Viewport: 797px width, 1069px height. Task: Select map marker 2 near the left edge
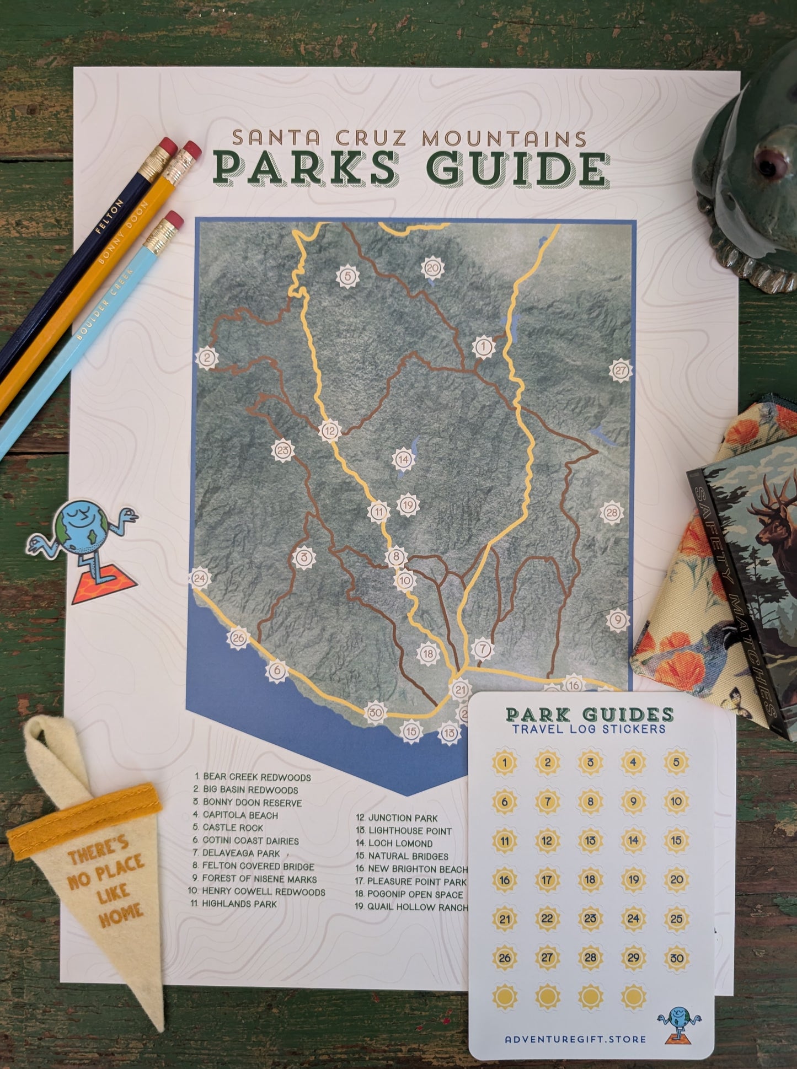point(207,357)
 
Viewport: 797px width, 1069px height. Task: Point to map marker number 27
point(621,370)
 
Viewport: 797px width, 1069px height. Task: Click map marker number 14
point(403,459)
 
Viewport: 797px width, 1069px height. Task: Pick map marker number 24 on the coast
point(200,578)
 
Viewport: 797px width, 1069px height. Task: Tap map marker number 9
point(618,620)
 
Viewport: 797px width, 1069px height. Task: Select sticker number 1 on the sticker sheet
point(505,763)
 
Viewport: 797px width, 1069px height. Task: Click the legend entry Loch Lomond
point(400,843)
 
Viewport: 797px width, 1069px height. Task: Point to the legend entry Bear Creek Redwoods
point(256,777)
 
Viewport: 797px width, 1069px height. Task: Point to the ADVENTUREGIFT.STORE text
point(575,1039)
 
